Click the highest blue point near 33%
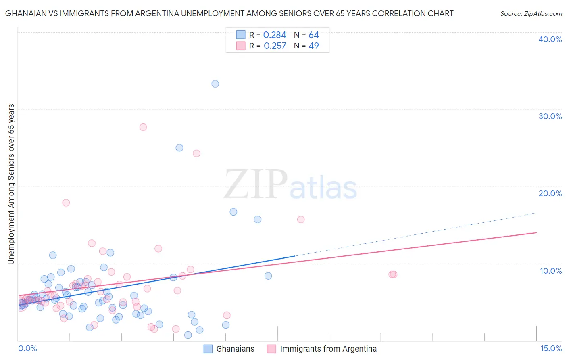(x=215, y=84)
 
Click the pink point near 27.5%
(x=143, y=127)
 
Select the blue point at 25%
(x=179, y=148)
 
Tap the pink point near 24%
(x=197, y=153)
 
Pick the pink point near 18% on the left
(x=66, y=203)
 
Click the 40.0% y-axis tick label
(x=550, y=39)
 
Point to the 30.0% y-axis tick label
(x=550, y=116)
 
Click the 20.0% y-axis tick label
(x=550, y=193)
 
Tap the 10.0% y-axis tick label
(x=551, y=271)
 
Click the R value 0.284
(x=275, y=35)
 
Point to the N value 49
(x=314, y=46)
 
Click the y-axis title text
(x=11, y=184)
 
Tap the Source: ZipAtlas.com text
(x=531, y=14)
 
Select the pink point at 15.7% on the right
(x=301, y=220)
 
